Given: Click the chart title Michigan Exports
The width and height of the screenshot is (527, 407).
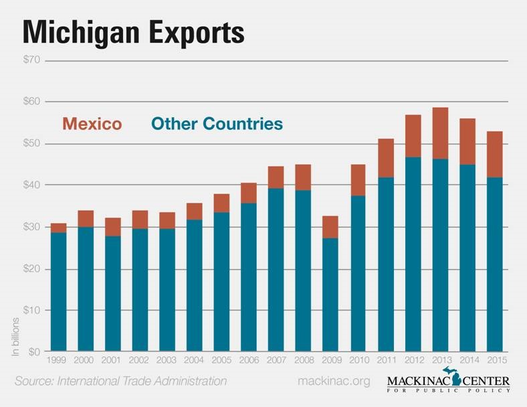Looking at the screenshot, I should (x=134, y=31).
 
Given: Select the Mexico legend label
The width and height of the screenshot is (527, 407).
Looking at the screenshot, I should (x=92, y=124).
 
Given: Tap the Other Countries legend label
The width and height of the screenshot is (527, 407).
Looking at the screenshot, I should (x=217, y=124).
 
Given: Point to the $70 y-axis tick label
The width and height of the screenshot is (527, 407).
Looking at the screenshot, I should (x=31, y=60).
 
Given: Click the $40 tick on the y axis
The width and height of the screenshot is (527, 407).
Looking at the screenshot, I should (x=31, y=185).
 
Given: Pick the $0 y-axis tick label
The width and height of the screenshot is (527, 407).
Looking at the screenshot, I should (x=33, y=351).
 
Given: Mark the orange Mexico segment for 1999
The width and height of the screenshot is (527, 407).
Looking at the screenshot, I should (x=59, y=228).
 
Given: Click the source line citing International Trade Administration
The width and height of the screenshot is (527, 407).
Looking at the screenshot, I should (x=120, y=382).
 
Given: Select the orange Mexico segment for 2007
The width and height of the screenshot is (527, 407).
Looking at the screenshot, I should (x=276, y=177).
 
